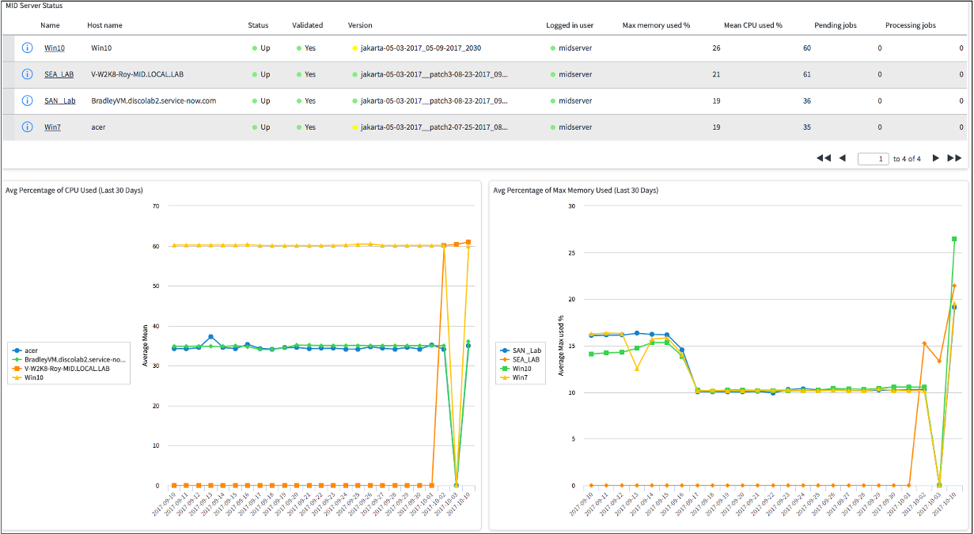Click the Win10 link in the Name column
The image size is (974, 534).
tap(54, 48)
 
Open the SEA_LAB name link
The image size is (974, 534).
tap(59, 74)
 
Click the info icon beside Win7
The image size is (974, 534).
tap(27, 127)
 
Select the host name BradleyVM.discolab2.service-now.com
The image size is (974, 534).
tap(153, 101)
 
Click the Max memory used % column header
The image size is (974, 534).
tap(656, 25)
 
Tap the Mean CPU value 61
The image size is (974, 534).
tap(807, 74)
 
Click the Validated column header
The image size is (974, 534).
tap(307, 25)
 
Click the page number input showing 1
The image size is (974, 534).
tap(873, 158)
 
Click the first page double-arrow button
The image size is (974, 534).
tap(824, 158)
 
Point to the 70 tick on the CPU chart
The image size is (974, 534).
tap(155, 206)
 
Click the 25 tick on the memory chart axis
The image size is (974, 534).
tap(571, 252)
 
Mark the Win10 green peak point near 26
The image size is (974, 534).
tap(954, 238)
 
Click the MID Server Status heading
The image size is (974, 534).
tap(34, 6)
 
